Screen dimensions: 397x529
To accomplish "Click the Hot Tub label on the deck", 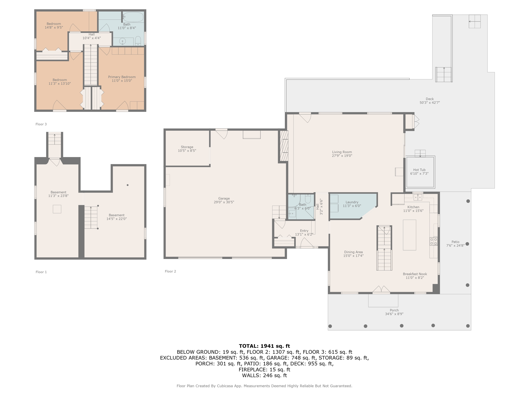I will coord(419,170).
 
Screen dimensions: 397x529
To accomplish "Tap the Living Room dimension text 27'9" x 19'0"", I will coord(342,156).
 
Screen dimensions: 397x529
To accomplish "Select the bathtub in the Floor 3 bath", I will coord(133,17).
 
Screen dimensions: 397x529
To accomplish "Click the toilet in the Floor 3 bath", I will coord(138,41).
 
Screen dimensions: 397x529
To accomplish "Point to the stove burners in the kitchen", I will coord(433,241).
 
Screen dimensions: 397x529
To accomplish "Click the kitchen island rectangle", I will coord(409,235).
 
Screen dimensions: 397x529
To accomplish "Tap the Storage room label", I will coord(187,147).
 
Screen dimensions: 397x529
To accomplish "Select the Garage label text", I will coord(224,198).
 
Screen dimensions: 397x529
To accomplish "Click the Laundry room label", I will coord(352,202).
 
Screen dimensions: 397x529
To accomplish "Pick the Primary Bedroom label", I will coord(122,77).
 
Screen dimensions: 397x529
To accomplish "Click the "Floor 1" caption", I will coord(41,272).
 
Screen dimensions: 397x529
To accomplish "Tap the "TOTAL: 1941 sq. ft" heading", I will coord(264,346).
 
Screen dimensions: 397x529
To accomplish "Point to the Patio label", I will coord(455,242).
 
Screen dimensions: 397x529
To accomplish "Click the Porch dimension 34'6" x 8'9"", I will coord(394,314).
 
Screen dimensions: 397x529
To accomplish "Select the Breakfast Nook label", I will coord(415,274).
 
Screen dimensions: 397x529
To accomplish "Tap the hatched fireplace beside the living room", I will coord(284,146).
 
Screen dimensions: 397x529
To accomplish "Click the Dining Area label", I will coord(353,252).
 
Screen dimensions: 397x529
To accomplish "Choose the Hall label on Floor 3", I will coord(91,34).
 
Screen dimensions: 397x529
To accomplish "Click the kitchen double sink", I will coord(417,197).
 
